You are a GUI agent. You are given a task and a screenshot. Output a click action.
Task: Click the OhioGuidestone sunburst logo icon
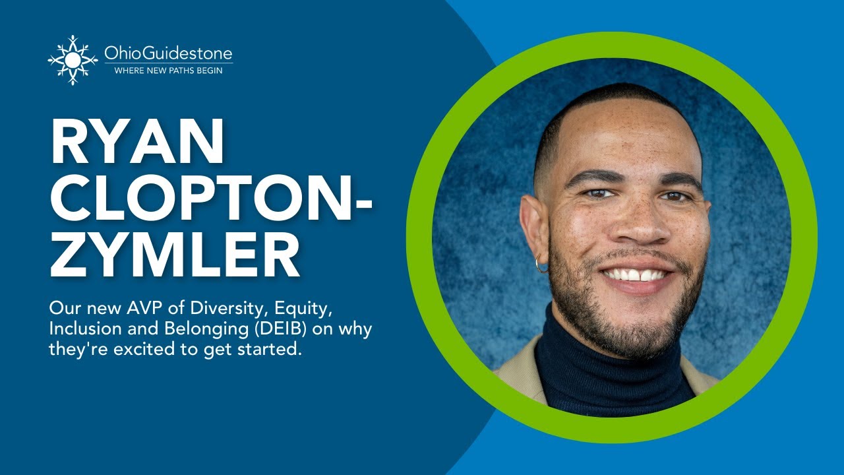point(73,59)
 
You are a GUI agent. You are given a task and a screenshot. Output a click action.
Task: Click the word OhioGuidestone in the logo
point(168,53)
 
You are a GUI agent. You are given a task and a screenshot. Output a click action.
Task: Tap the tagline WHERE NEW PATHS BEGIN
point(168,70)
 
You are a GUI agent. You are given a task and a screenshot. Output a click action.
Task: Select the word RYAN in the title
point(136,144)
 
